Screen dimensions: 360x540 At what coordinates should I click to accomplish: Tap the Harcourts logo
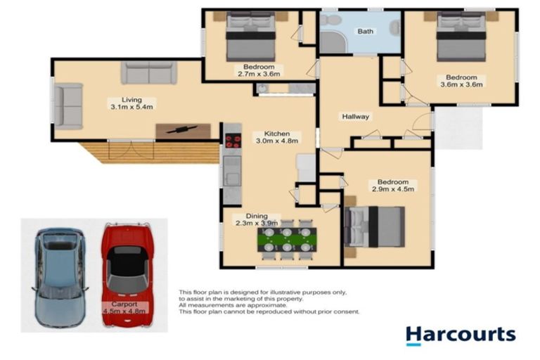[x=461, y=335]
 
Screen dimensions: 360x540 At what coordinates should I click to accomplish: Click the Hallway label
[x=355, y=117]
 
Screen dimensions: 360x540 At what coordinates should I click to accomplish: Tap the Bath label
[x=366, y=32]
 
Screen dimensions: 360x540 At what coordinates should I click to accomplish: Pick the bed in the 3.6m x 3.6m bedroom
[x=462, y=39]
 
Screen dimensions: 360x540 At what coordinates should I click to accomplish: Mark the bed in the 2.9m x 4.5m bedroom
[x=374, y=226]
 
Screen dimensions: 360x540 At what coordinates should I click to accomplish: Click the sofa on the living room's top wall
[x=148, y=72]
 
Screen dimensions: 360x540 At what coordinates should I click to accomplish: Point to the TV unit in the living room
[x=183, y=130]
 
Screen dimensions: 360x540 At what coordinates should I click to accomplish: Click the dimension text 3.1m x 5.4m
[x=131, y=108]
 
